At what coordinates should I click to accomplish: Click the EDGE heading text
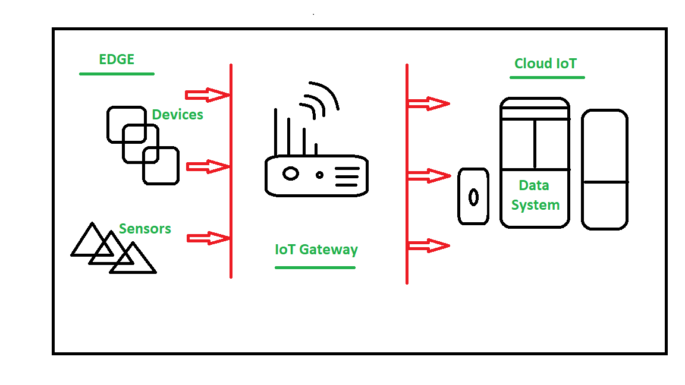[117, 59]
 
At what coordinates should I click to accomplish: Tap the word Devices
[177, 115]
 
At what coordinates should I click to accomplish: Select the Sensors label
[144, 229]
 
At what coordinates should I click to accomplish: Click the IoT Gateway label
[316, 250]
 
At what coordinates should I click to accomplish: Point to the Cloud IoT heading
[545, 64]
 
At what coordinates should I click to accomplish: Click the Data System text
[535, 195]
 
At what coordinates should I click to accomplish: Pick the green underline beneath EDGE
[117, 74]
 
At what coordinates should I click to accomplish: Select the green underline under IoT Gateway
[315, 267]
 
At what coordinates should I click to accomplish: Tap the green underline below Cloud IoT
[548, 77]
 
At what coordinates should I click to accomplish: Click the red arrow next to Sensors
[208, 238]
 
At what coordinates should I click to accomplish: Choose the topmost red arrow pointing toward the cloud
[428, 104]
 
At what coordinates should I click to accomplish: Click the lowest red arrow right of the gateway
[428, 245]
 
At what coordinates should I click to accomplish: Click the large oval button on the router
[290, 173]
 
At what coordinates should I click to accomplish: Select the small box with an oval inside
[473, 196]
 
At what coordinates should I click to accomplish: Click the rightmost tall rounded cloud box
[604, 169]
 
